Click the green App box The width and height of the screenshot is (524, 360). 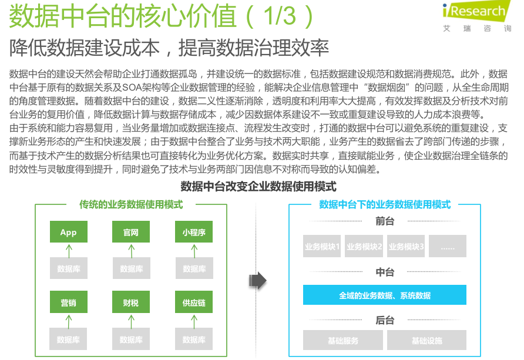pyautogui.click(x=68, y=233)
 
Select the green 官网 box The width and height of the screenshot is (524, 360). pyautogui.click(x=131, y=233)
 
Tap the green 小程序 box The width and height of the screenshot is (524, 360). pyautogui.click(x=194, y=233)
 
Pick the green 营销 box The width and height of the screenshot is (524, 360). pyautogui.click(x=68, y=304)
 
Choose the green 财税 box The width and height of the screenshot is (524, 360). pyautogui.click(x=131, y=304)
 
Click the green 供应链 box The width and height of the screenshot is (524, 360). pyautogui.click(x=194, y=304)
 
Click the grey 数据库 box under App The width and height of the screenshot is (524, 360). pyautogui.click(x=68, y=268)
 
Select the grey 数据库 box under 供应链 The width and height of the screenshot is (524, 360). pyautogui.click(x=194, y=339)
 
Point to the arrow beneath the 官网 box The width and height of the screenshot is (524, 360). pyautogui.click(x=131, y=251)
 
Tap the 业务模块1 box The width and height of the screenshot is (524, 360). pyautogui.click(x=322, y=247)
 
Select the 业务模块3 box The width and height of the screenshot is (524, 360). pyautogui.click(x=406, y=247)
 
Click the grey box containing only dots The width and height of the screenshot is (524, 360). pyautogui.click(x=447, y=247)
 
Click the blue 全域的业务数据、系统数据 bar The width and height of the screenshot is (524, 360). pyautogui.click(x=385, y=295)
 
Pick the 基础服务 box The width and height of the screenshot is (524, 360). pyautogui.click(x=343, y=340)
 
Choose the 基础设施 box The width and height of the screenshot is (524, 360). pyautogui.click(x=426, y=340)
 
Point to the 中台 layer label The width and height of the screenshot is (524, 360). pyautogui.click(x=385, y=272)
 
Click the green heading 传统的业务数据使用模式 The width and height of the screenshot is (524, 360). pyautogui.click(x=131, y=204)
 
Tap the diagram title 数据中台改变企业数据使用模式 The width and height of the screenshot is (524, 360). pyautogui.click(x=258, y=187)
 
